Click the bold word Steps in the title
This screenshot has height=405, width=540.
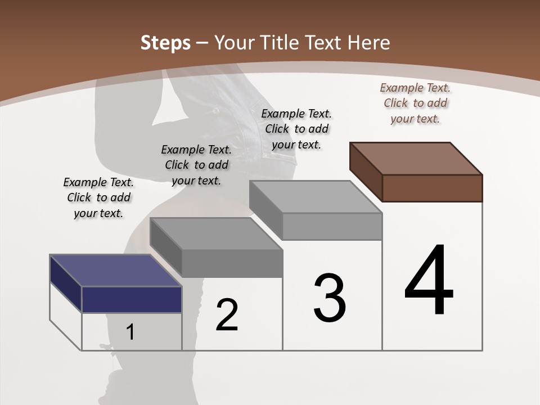tap(165, 43)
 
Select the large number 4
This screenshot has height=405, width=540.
tap(429, 281)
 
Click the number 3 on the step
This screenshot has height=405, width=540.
tap(330, 298)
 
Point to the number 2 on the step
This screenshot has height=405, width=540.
tap(227, 315)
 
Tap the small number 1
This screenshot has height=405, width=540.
tap(130, 332)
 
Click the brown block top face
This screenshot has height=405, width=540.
tap(416, 158)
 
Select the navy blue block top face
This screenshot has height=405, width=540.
tap(115, 271)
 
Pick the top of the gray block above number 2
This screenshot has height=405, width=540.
tap(217, 233)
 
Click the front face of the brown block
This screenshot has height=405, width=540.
tap(432, 188)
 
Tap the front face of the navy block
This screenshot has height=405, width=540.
tap(132, 299)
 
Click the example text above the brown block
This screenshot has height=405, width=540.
tap(415, 103)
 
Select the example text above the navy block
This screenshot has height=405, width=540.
tap(98, 197)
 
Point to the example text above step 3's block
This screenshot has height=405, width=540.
tap(296, 129)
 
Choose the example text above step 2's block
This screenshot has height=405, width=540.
tap(196, 165)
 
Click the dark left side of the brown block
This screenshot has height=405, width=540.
tap(366, 172)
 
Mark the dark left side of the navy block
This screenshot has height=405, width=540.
tap(66, 284)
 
